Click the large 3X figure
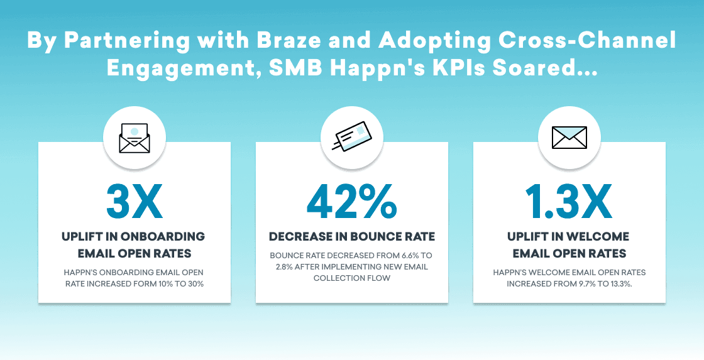pos(134,201)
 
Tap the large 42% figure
pos(351,201)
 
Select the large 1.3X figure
pos(569,201)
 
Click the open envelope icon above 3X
pos(135,138)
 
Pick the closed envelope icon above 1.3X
pos(569,137)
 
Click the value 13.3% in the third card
pos(617,283)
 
